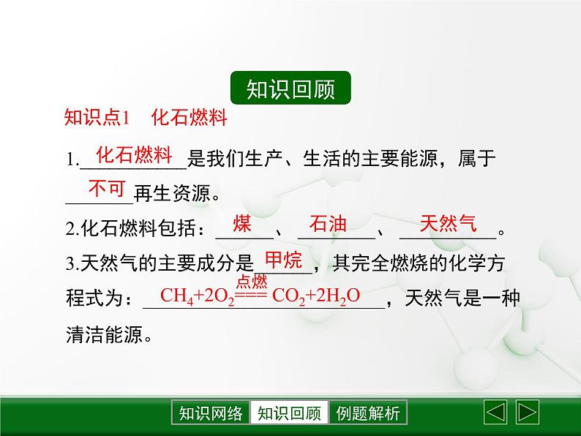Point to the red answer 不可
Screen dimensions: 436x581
[107, 189]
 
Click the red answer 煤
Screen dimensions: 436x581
[242, 224]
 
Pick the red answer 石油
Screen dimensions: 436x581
[328, 224]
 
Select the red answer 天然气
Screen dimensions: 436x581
[447, 224]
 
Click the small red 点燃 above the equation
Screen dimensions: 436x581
[252, 282]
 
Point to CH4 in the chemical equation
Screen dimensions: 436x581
[176, 296]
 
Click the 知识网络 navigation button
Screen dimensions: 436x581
[210, 413]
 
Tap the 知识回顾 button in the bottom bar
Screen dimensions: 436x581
[290, 413]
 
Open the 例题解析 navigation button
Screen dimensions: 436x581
[368, 413]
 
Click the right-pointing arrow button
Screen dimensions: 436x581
[527, 412]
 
